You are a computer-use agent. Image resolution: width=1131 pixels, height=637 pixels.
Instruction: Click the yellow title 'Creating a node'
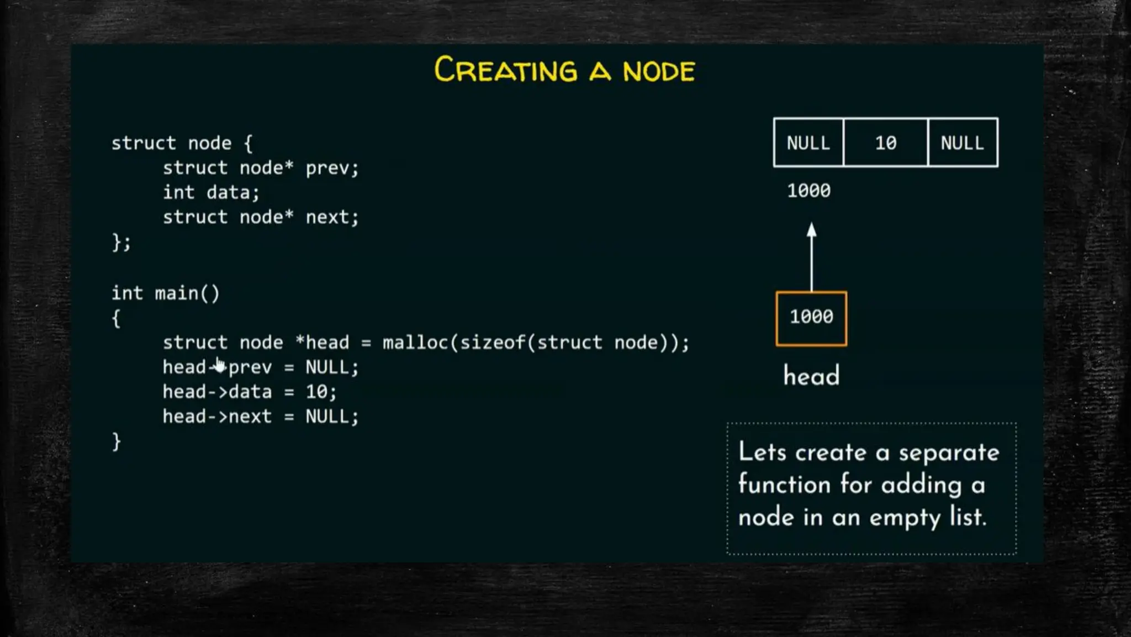click(564, 70)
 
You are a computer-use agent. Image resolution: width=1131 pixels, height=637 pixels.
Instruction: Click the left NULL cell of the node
click(808, 143)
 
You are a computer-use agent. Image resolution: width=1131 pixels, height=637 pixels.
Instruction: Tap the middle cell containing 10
click(885, 143)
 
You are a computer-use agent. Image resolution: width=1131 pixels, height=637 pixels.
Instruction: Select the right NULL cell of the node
click(962, 143)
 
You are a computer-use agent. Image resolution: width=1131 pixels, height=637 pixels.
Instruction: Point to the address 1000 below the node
click(808, 191)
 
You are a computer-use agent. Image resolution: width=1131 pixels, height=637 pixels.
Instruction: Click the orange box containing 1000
click(811, 318)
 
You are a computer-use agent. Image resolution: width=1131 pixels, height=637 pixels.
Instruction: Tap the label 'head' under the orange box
click(811, 376)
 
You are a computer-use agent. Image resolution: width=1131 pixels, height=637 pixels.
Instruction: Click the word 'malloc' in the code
click(415, 343)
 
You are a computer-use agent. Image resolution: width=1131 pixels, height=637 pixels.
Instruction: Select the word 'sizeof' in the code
click(492, 343)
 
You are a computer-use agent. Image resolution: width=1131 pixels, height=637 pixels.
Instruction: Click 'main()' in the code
click(187, 293)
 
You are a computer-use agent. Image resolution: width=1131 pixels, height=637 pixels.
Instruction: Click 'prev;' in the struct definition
click(332, 168)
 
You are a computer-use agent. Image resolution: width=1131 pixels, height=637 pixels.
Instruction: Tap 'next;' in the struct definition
click(332, 217)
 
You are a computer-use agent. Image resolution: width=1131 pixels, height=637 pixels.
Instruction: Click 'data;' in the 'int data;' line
click(232, 192)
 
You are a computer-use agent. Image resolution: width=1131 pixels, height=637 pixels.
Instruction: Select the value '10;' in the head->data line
click(321, 392)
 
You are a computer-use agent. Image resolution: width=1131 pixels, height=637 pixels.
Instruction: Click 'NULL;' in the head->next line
click(332, 417)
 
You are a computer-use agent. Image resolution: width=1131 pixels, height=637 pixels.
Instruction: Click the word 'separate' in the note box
click(949, 453)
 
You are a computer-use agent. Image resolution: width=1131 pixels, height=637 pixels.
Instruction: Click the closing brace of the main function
click(116, 441)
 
